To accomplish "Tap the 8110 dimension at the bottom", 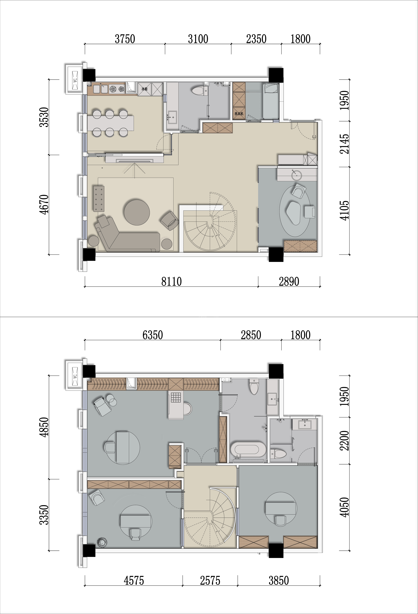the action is pyautogui.click(x=172, y=282).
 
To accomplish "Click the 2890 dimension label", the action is pyautogui.click(x=289, y=282).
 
